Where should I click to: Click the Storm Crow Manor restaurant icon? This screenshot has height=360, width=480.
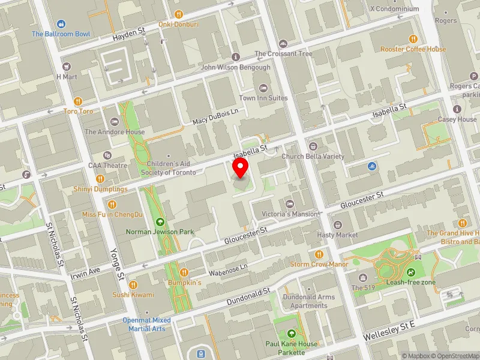tap(319, 254)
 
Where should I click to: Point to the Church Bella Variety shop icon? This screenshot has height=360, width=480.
tap(313, 146)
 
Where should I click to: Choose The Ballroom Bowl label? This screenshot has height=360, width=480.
tap(61, 34)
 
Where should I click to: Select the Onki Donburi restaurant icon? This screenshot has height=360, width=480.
tap(178, 14)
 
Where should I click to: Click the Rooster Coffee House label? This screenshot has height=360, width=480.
tap(413, 49)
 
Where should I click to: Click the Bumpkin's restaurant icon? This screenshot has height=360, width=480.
tap(184, 272)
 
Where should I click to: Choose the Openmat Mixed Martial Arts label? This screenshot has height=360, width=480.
tap(147, 324)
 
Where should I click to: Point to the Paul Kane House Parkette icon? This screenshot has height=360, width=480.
tap(292, 333)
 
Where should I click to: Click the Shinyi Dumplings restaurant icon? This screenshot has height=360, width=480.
tap(101, 178)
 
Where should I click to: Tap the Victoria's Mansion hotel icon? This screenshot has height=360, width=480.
tap(290, 204)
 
